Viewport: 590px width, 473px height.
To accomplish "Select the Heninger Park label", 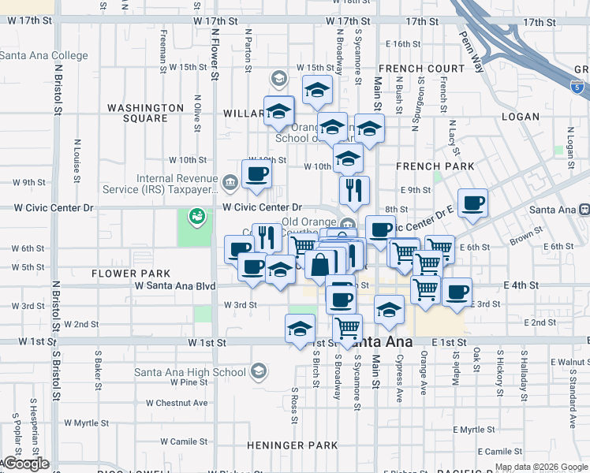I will tap(282, 445).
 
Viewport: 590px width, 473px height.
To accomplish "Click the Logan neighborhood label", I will tap(521, 117).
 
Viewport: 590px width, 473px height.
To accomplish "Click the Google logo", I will tap(26, 464).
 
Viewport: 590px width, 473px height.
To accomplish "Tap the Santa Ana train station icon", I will tap(584, 209).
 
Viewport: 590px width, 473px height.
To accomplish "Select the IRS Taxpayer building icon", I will tap(230, 184).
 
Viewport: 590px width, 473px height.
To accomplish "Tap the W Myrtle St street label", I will tap(95, 423).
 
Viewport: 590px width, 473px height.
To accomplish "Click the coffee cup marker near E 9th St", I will tap(472, 203).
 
